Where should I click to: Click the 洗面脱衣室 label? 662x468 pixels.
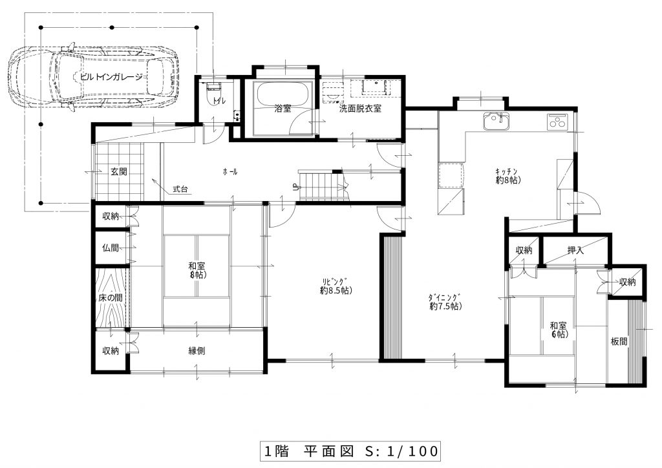point(361,109)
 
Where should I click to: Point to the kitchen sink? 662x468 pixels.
point(496,122)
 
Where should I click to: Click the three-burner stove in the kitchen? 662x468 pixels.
point(558,122)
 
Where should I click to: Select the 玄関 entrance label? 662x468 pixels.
point(119,172)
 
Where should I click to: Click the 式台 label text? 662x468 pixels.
point(180,189)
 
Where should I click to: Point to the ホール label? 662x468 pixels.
point(230,172)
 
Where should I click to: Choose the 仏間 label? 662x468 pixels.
point(111,248)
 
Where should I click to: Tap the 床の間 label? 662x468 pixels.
point(111,297)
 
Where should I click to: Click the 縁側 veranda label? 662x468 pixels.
point(197,351)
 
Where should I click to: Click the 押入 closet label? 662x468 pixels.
point(575,250)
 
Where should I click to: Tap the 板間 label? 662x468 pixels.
point(619,342)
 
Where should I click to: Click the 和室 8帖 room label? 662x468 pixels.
point(197,270)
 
